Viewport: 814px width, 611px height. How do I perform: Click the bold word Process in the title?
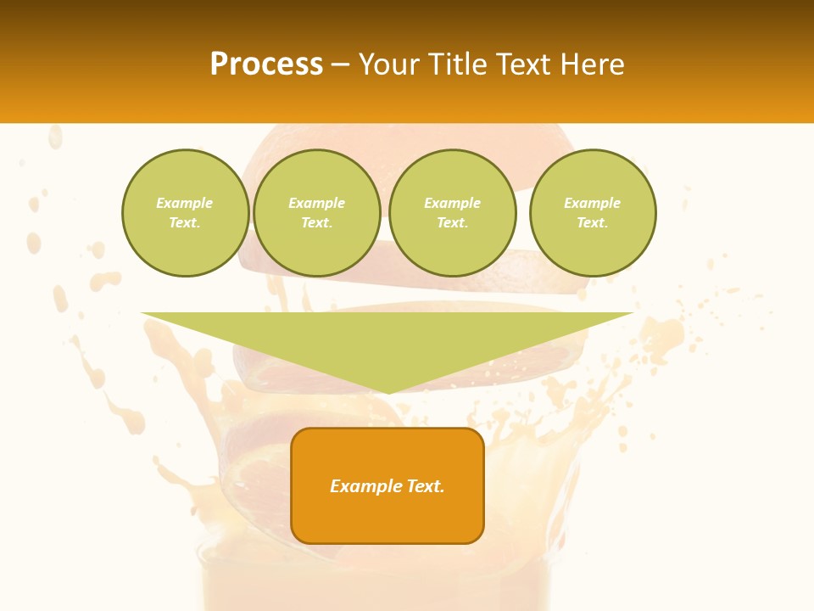coord(266,64)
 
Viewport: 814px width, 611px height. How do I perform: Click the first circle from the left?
coord(185,213)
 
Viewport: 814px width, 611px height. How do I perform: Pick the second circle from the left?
coord(316,213)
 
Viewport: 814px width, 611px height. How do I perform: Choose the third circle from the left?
coord(452,213)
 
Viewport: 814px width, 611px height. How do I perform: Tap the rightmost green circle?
coord(592,213)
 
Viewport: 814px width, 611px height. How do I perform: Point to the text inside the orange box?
coord(387,486)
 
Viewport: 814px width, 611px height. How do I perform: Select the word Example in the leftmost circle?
coord(185,203)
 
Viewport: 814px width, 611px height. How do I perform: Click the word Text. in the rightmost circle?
coord(592,222)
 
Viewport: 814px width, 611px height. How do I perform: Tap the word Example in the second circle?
coord(316,203)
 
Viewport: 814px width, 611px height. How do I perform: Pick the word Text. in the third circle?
coord(452,222)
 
